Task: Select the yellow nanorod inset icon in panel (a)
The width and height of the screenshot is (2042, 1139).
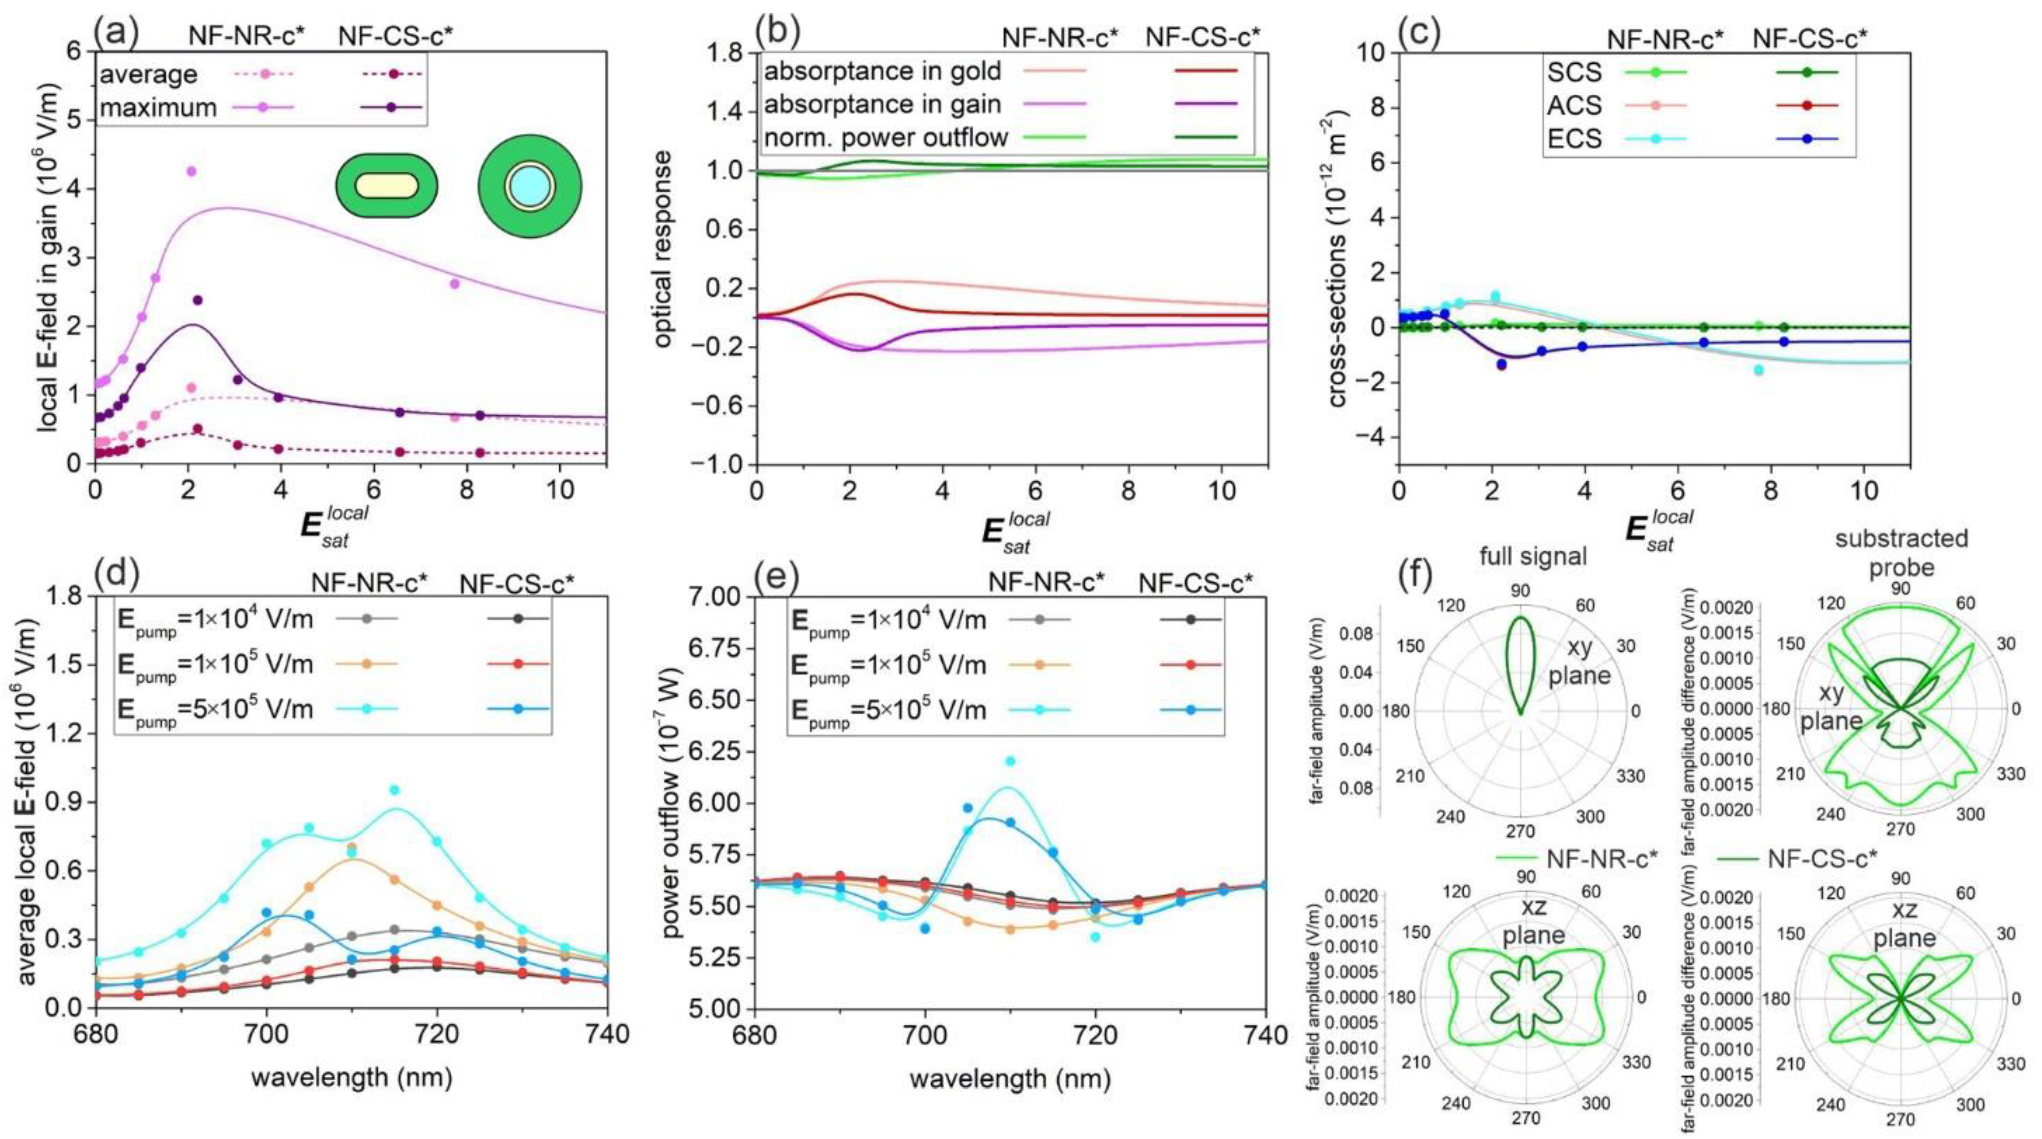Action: tap(386, 186)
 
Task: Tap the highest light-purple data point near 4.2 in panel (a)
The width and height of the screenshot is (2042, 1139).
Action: tap(191, 171)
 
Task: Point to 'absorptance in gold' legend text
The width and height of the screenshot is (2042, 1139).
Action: tap(882, 72)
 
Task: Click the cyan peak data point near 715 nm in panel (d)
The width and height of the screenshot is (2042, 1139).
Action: tap(394, 790)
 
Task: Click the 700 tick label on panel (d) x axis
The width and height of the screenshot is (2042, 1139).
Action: tap(267, 1035)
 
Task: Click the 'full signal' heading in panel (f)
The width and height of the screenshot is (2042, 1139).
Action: tap(1533, 557)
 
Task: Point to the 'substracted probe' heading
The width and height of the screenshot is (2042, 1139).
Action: tap(1901, 553)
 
